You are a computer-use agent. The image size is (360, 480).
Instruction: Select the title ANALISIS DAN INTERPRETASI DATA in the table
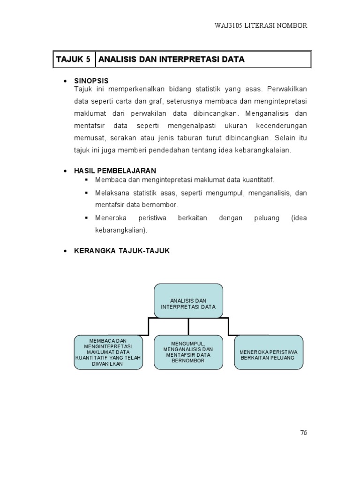point(172,60)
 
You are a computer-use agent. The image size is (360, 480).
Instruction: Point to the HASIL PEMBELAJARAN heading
point(115,171)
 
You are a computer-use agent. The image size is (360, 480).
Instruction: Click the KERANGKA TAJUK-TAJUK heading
point(122,251)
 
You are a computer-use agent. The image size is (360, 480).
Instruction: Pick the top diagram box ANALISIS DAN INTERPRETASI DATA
point(188,300)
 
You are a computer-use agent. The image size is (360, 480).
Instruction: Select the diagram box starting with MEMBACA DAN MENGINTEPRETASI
point(109,352)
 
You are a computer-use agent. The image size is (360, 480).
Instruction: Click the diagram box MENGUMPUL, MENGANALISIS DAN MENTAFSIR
point(188,352)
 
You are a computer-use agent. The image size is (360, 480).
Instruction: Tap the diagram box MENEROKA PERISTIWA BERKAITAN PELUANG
point(269,352)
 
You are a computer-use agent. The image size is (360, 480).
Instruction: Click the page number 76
point(303,433)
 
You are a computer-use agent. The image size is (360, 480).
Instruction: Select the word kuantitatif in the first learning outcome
point(259,180)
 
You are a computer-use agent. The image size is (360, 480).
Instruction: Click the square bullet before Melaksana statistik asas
point(87,193)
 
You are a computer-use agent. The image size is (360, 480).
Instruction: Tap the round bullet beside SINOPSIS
point(65,82)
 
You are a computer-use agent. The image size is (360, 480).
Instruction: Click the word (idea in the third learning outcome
point(299,218)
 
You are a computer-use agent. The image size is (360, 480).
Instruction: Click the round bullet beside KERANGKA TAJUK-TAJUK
point(65,251)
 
